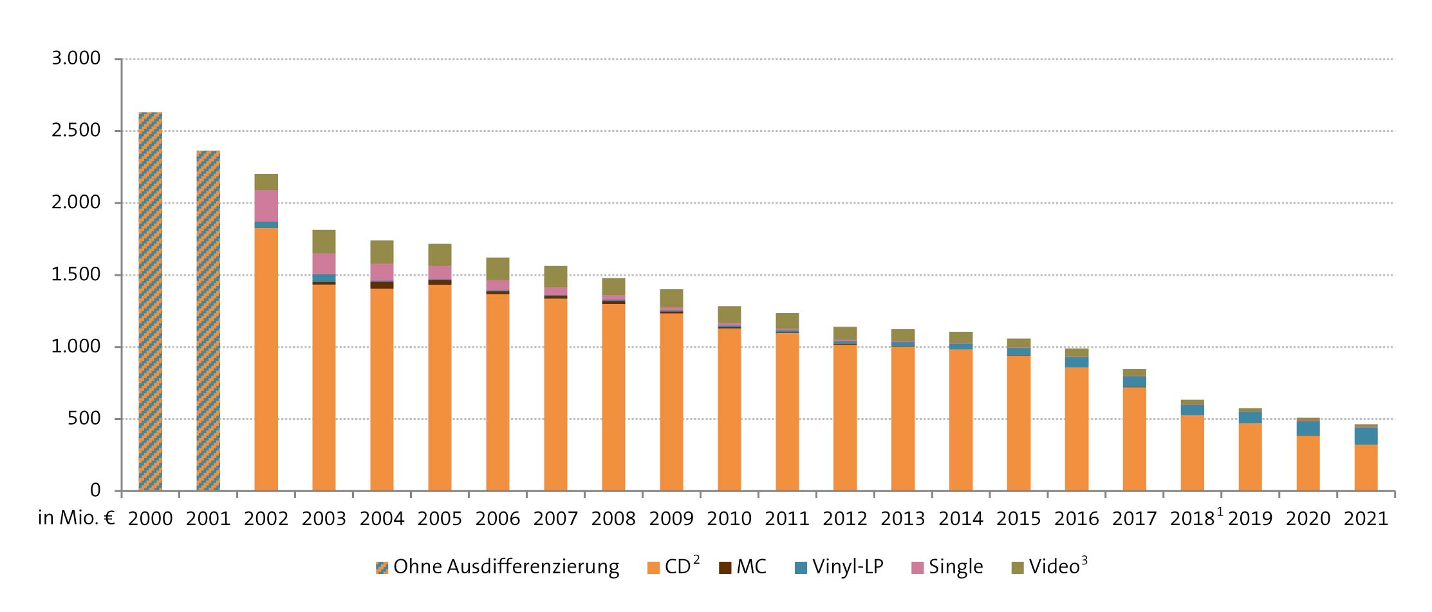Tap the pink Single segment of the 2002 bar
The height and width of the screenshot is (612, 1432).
click(266, 206)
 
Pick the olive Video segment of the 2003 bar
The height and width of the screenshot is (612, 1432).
click(324, 242)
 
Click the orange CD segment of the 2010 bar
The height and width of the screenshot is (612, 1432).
click(729, 410)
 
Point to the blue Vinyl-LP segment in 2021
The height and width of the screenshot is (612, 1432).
click(1366, 436)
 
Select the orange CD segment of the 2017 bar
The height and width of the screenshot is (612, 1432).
click(1134, 439)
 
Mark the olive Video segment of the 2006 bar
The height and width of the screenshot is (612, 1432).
click(497, 269)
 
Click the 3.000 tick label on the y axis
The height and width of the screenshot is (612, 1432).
click(76, 59)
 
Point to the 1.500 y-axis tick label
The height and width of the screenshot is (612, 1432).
click(76, 274)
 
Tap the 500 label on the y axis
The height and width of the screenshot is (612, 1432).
click(86, 419)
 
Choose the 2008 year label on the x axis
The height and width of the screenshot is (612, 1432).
click(613, 519)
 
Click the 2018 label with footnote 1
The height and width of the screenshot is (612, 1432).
click(1195, 519)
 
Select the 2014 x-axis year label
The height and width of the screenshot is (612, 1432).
click(961, 519)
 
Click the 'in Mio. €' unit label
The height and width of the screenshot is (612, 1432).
click(76, 519)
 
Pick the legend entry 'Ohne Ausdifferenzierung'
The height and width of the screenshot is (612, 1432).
click(497, 567)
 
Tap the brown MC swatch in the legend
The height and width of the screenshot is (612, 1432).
click(725, 568)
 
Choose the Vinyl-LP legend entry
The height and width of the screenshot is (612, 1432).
click(839, 567)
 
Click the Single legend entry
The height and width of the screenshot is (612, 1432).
click(947, 567)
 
